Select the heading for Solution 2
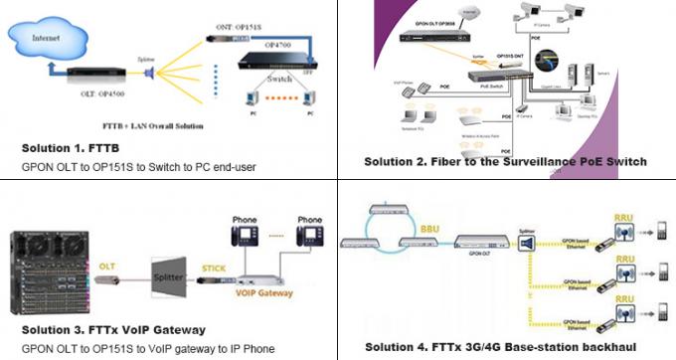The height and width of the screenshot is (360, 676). click(x=505, y=161)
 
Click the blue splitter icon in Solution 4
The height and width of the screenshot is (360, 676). click(x=527, y=242)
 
